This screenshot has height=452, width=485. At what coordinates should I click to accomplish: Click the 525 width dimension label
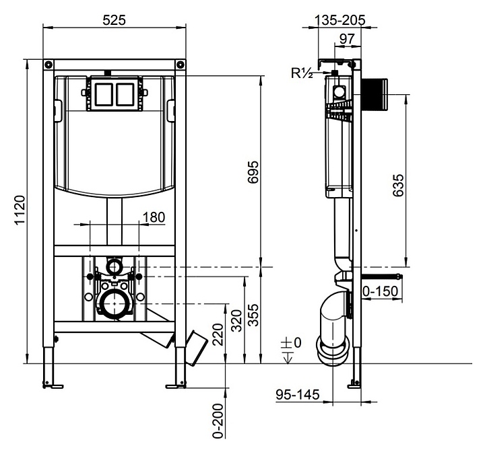pyautogui.click(x=114, y=20)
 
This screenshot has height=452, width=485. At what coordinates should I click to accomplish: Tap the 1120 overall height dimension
pyautogui.click(x=20, y=211)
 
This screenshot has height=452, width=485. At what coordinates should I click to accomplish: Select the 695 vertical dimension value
pyautogui.click(x=253, y=172)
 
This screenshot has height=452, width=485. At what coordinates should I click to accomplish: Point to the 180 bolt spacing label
pyautogui.click(x=154, y=217)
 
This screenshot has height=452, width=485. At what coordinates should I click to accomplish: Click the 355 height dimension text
pyautogui.click(x=254, y=315)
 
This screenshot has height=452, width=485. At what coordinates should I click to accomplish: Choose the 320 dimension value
pyautogui.click(x=237, y=320)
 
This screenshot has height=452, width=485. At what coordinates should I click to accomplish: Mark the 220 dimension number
pyautogui.click(x=218, y=334)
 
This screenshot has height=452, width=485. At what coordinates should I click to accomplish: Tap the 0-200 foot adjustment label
pyautogui.click(x=218, y=421)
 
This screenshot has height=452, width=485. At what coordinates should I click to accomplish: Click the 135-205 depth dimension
pyautogui.click(x=340, y=20)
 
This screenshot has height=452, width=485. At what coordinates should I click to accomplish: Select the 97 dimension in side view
pyautogui.click(x=347, y=39)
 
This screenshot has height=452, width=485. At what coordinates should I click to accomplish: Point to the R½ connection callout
pyautogui.click(x=302, y=73)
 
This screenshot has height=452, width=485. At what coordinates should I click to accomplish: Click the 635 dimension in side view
pyautogui.click(x=398, y=186)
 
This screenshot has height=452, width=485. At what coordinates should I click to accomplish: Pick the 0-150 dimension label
pyautogui.click(x=380, y=291)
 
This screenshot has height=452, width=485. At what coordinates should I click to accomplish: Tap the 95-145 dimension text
pyautogui.click(x=297, y=395)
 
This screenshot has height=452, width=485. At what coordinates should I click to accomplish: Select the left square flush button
pyautogui.click(x=104, y=94)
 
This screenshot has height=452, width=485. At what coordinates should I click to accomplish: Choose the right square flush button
pyautogui.click(x=125, y=94)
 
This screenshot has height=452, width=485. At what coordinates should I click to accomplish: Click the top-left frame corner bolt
pyautogui.click(x=48, y=65)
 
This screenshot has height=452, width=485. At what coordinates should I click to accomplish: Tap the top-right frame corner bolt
pyautogui.click(x=181, y=65)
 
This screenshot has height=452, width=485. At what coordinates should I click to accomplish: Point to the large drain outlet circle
pyautogui.click(x=115, y=304)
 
